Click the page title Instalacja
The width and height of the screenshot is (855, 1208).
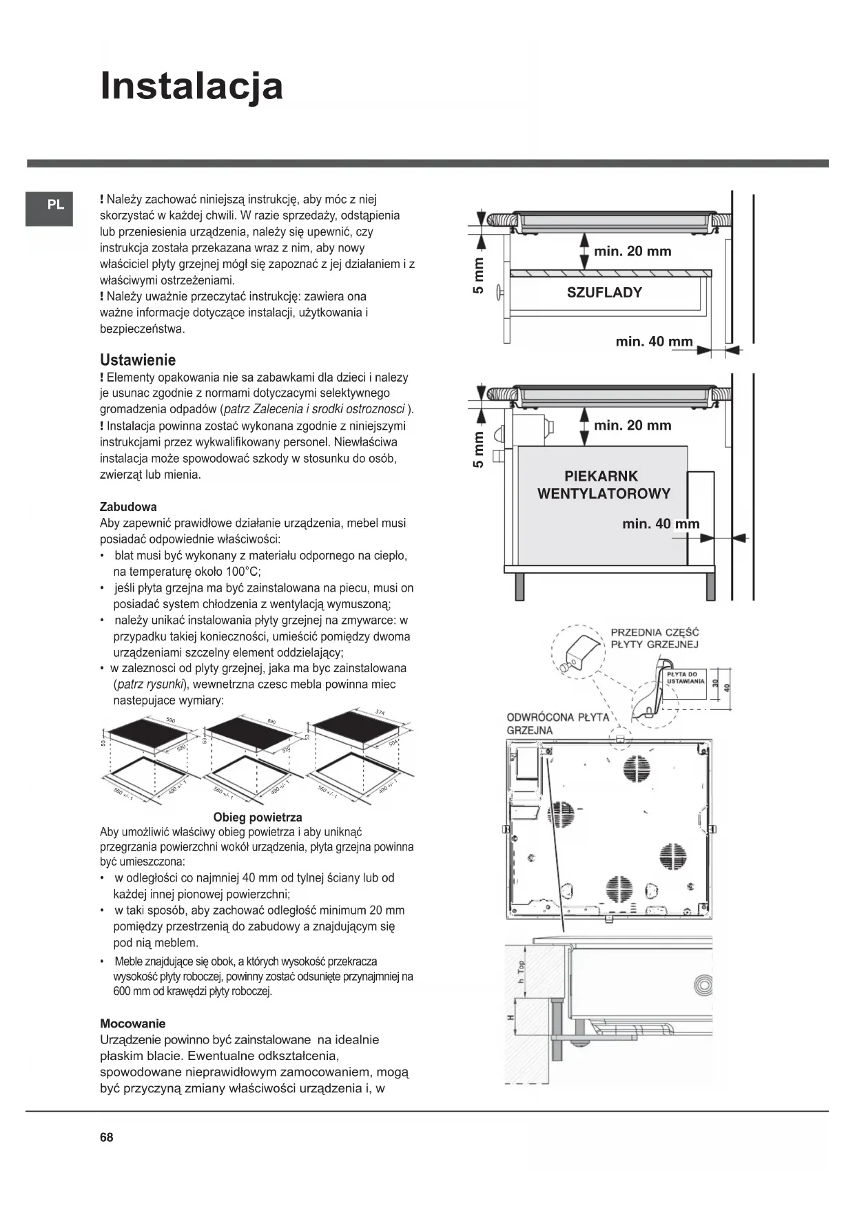pos(192,86)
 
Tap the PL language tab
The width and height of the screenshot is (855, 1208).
pos(56,205)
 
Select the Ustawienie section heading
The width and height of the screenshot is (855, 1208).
pos(138,360)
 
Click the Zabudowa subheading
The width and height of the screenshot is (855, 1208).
pos(128,507)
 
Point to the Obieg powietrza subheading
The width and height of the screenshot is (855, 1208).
pos(258,817)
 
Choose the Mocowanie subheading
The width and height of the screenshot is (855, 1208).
pos(133,1023)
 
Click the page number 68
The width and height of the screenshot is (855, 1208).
pos(106,1137)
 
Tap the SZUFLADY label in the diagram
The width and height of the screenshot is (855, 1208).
pos(604,292)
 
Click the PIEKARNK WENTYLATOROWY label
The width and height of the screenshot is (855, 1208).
pos(604,485)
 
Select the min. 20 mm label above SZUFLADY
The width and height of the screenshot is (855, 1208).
pos(632,251)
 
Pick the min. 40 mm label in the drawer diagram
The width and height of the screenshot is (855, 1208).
pos(654,342)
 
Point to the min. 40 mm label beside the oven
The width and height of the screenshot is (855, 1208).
pos(661,524)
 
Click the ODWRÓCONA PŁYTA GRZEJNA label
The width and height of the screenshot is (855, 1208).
pos(557,723)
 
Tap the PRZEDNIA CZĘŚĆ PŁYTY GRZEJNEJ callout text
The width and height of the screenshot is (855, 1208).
pos(655,638)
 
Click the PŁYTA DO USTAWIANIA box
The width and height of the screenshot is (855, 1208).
pos(685,678)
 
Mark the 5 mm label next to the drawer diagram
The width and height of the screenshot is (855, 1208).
pos(478,275)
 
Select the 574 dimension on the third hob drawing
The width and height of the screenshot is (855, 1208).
pos(380,712)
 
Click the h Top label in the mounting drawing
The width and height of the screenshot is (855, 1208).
pos(521,971)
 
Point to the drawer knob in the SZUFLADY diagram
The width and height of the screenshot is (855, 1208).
pos(502,291)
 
